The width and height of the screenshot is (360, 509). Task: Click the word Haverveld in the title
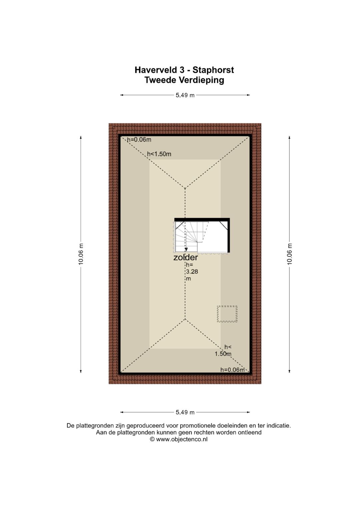[x=156, y=70]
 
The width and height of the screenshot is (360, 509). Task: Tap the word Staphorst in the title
[x=213, y=70]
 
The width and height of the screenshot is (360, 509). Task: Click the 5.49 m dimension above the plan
[x=185, y=95]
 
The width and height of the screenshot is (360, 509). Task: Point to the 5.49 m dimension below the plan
[x=185, y=412]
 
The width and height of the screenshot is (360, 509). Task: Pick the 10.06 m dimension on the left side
[x=81, y=254]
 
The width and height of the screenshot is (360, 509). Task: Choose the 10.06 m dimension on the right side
[x=289, y=254]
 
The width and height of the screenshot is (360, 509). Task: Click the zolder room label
[x=185, y=257]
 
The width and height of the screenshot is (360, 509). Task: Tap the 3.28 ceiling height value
[x=192, y=272]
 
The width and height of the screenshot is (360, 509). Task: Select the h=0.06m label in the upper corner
[x=139, y=140]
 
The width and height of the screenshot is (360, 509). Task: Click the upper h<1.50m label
[x=159, y=154]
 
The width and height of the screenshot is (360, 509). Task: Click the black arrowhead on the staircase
[x=186, y=250]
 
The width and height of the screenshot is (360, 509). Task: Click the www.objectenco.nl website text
[x=182, y=439]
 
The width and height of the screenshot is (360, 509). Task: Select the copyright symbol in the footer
[x=152, y=439]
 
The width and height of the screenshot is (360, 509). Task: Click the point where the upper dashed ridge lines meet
[x=185, y=188]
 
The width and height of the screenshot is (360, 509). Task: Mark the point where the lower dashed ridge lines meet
[x=185, y=319]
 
